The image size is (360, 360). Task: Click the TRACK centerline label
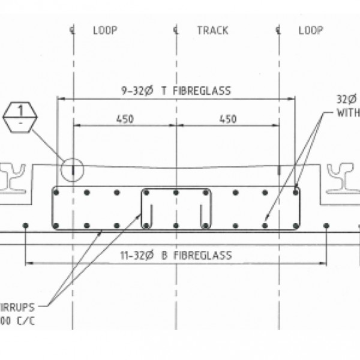tap(212, 31)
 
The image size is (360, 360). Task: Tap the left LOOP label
tap(105, 31)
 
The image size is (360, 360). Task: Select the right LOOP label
tap(311, 31)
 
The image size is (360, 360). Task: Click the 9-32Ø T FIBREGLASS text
tap(175, 91)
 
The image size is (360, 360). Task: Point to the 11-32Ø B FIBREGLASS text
tap(175, 255)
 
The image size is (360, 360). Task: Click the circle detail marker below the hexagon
tap(71, 170)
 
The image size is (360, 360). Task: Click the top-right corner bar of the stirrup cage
tap(296, 193)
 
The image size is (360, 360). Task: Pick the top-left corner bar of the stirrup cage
tap(55, 193)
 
